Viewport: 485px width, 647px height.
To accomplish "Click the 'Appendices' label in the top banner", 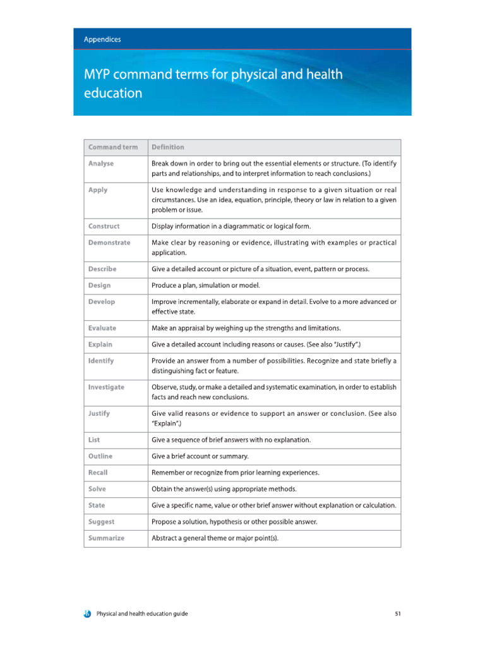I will [x=102, y=39].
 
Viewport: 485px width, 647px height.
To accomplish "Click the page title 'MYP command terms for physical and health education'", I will [x=213, y=83].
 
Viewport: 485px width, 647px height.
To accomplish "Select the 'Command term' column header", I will [x=112, y=147].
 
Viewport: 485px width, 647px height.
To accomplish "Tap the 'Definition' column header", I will [x=168, y=147].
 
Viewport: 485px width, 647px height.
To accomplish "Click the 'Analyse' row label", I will [x=101, y=163].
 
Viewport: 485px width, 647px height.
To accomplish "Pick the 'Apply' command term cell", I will [x=98, y=190].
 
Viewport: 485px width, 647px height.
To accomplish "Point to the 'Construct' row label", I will [x=104, y=226].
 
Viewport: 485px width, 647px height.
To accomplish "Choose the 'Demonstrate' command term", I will [x=109, y=242].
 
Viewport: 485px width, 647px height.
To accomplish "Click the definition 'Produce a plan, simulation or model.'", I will [x=206, y=286].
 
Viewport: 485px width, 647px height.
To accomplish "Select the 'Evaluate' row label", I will [x=102, y=328].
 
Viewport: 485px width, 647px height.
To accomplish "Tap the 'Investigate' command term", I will [x=106, y=387].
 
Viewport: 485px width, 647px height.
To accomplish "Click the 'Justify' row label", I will [x=99, y=413].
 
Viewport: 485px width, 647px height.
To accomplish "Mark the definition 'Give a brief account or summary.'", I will [x=200, y=456].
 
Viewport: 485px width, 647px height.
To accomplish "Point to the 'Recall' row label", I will [x=98, y=473].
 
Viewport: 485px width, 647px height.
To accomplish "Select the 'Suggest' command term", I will [x=101, y=522].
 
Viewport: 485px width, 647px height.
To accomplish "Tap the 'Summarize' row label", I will [x=106, y=538].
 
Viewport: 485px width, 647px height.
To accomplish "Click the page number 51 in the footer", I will [x=398, y=613].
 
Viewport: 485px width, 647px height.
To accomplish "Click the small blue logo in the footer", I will [x=87, y=613].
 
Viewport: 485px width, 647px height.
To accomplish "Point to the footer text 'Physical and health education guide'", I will [x=142, y=613].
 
